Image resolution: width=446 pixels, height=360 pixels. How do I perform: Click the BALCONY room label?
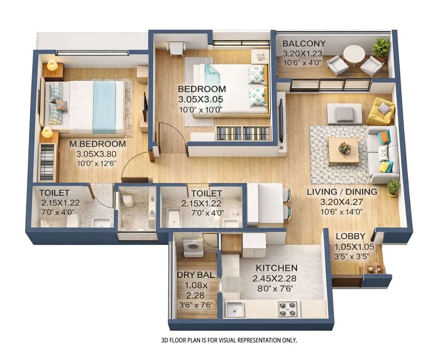304,44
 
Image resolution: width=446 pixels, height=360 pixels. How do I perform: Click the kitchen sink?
232,309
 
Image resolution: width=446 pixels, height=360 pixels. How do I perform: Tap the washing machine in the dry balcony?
192,247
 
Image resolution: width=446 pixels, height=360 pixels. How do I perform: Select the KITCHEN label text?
276,268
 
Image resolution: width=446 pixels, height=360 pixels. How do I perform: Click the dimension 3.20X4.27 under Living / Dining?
342,202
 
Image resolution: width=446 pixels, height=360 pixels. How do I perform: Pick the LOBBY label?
350,236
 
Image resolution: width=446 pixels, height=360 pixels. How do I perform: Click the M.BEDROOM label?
97,144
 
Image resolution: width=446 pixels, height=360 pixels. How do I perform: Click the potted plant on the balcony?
381,48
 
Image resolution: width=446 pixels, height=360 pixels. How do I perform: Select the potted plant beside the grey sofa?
393,187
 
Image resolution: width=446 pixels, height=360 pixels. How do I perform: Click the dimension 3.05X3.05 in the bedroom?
200,99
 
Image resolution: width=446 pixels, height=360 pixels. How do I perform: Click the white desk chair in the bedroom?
176,49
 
